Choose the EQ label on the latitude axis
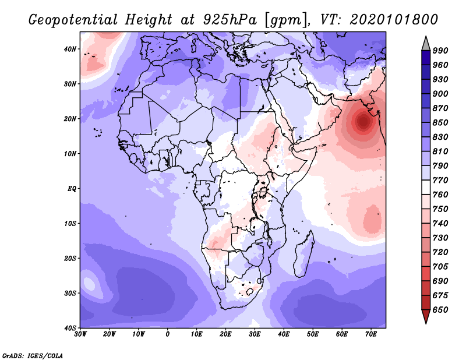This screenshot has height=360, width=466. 72,189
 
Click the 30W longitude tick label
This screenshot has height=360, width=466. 80,334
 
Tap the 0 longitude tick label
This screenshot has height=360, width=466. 168,334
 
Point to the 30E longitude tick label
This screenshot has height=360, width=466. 255,334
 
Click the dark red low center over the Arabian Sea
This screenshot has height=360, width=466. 363,122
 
